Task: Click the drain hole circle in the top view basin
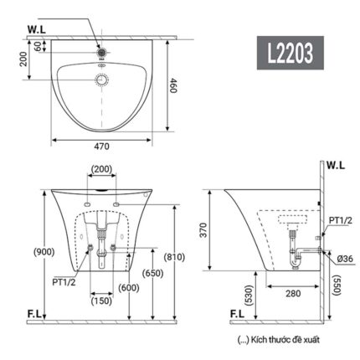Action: point(101,80)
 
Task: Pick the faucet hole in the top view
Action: point(101,50)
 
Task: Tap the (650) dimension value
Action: point(152,273)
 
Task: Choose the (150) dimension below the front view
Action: point(101,301)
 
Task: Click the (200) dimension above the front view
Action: point(101,170)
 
